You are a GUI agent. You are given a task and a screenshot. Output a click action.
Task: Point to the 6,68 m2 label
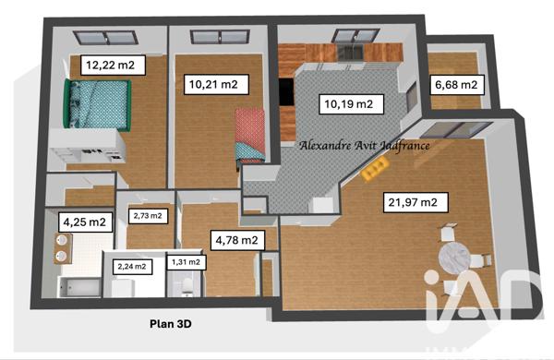[x=456, y=85]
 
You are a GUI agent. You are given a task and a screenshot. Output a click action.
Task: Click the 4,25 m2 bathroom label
[x=83, y=222]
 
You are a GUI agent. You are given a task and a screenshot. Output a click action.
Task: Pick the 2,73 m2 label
[x=148, y=216]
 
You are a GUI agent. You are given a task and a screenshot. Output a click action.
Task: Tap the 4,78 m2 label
[x=235, y=241]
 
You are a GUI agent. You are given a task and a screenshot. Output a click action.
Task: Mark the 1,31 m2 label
[x=185, y=261]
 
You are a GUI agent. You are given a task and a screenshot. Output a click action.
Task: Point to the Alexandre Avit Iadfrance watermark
[x=366, y=145]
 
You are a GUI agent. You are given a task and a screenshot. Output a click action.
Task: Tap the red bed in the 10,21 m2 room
[x=250, y=134]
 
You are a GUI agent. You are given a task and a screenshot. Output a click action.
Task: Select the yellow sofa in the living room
[x=374, y=167]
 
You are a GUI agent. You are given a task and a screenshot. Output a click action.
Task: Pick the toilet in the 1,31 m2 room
[x=187, y=289]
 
